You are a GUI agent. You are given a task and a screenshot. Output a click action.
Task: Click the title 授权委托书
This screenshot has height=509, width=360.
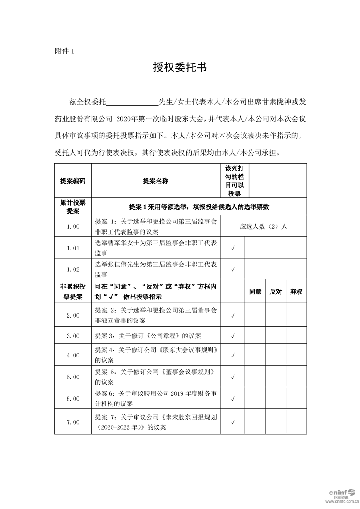180,68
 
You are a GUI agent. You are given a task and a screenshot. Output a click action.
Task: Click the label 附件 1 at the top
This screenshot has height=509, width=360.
64,51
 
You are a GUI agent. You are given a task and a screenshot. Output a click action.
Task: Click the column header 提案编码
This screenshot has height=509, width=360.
73,181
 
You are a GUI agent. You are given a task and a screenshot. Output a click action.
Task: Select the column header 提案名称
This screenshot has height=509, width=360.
155,181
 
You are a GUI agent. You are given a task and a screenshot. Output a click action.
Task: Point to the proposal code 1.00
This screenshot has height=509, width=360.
73,226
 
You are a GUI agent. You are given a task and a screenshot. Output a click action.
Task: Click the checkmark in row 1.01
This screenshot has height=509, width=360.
232,248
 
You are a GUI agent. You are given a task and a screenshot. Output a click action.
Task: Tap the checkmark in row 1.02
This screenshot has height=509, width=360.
232,269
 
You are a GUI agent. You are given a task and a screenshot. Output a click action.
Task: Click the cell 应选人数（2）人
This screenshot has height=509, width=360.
263,226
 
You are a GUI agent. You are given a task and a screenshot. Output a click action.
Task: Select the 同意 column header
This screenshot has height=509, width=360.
255,292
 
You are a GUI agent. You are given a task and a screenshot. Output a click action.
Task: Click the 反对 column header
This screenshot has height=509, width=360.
276,292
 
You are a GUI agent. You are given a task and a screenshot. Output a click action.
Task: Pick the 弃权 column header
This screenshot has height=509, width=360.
296,292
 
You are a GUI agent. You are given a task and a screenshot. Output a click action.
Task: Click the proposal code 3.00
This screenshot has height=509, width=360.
73,336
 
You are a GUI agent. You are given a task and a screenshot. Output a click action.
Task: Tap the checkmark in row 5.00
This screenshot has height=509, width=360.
232,377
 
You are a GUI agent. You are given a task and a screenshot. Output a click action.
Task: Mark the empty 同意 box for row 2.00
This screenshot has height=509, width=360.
255,315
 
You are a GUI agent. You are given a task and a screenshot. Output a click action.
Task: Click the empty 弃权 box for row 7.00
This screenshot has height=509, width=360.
296,422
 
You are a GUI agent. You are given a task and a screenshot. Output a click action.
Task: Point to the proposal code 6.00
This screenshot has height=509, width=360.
73,399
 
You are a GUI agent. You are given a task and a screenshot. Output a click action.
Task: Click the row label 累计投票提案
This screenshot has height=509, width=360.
73,206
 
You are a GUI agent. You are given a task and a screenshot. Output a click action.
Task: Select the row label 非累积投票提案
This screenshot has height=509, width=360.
73,292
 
